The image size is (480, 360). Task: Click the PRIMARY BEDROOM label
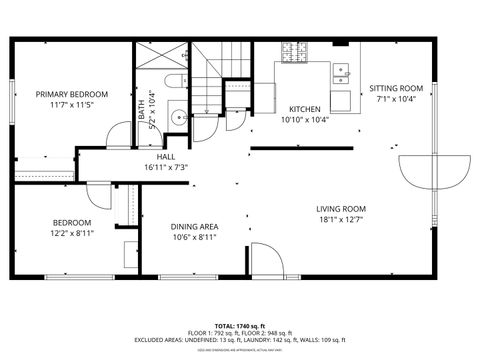tap(72, 94)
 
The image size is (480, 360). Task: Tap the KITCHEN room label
tap(304, 109)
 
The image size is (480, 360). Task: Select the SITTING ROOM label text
tap(400, 89)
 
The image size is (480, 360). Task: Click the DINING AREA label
tap(195, 227)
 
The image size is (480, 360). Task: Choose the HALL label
tap(166, 157)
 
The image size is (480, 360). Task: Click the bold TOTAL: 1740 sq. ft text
tap(239, 326)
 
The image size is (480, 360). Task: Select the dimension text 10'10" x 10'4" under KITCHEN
tap(304, 119)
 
